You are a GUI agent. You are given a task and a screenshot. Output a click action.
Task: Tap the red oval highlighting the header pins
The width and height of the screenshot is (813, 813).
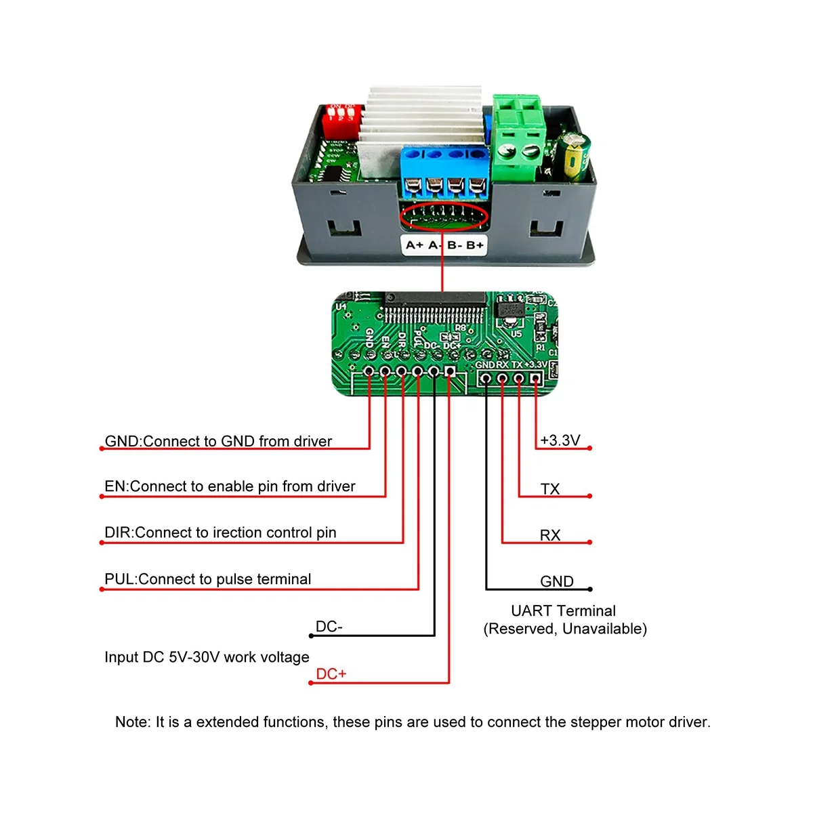(444, 217)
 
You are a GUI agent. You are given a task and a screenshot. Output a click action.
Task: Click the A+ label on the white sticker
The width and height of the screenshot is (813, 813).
(415, 245)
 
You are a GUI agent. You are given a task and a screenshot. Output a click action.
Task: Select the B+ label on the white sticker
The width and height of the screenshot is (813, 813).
(475, 245)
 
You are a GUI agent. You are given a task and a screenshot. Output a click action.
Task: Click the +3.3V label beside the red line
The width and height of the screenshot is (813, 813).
(560, 440)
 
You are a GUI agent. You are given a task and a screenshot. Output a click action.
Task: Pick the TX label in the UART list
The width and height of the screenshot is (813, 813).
(550, 488)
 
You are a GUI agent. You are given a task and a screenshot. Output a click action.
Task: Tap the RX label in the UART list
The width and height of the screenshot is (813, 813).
(550, 535)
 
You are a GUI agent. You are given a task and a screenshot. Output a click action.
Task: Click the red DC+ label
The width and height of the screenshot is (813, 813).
(331, 674)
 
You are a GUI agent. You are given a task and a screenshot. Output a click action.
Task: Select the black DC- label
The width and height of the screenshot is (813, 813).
(329, 627)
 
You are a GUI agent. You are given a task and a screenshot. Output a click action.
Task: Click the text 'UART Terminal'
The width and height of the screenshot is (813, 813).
(563, 610)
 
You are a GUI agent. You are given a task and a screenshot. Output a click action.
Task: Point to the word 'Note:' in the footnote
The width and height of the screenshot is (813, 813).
(133, 722)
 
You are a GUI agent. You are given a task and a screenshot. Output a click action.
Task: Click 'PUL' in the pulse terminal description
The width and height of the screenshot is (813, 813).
(119, 579)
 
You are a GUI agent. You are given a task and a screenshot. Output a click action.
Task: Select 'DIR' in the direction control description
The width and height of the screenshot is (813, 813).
(118, 533)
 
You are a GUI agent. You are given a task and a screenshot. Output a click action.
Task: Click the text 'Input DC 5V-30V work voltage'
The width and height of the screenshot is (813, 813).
(207, 657)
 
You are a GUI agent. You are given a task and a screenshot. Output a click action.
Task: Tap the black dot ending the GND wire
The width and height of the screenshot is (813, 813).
(590, 589)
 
